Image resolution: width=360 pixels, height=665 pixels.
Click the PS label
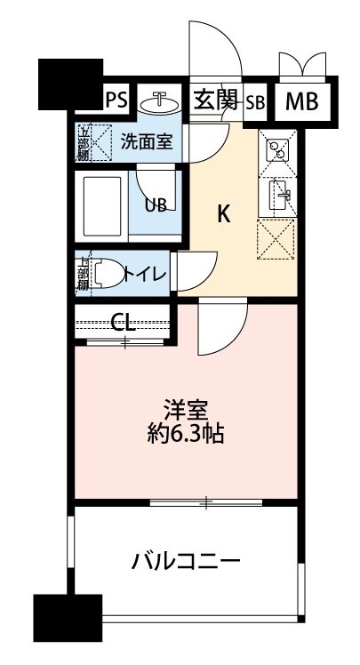click(116, 100)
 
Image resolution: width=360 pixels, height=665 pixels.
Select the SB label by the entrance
click(255, 101)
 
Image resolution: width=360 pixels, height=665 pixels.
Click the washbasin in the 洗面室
click(161, 102)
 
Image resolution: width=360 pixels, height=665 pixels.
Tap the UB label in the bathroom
click(156, 204)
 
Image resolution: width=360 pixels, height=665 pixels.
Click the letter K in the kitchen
click(225, 213)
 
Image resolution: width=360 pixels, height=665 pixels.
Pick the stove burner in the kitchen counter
click(276, 152)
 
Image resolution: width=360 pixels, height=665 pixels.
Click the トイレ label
click(145, 273)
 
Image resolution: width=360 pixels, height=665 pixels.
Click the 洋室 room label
click(185, 411)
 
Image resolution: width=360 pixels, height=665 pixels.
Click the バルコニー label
click(186, 561)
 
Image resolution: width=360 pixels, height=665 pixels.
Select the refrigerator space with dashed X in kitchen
click(276, 239)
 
